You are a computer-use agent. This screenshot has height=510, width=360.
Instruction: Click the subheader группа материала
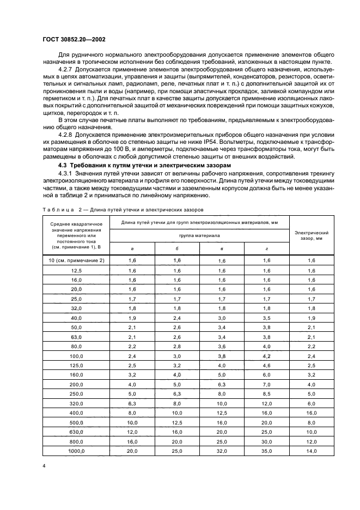coord(199,235)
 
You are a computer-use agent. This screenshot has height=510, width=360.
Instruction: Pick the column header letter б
coord(176,248)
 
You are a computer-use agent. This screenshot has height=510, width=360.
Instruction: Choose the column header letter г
coord(266,248)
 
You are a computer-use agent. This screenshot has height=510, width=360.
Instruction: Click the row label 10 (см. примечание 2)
coord(76,261)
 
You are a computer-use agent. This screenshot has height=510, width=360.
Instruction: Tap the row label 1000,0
coord(76,451)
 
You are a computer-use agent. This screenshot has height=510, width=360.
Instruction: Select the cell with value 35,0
coord(266,451)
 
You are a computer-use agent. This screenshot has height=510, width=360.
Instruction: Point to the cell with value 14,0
coord(312,451)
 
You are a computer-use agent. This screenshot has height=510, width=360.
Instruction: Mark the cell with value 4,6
coord(266,366)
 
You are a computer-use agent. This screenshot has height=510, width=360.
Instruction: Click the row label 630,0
coord(76,432)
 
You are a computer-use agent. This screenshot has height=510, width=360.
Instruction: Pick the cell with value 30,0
coord(266,442)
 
